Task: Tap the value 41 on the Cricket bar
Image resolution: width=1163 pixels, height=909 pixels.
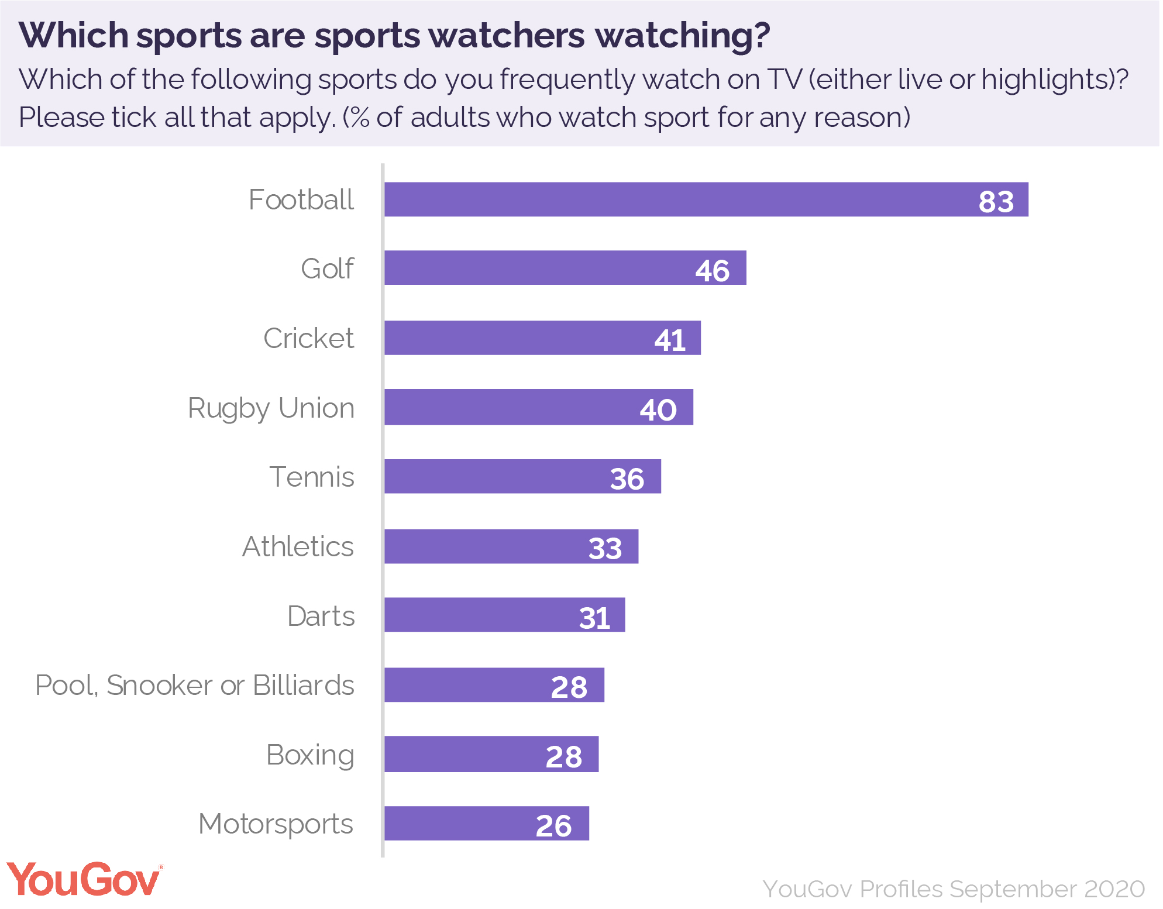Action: coord(669,340)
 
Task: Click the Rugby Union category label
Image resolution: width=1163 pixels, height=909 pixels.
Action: coord(271,408)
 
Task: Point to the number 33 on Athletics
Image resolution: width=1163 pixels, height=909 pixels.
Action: coord(605,548)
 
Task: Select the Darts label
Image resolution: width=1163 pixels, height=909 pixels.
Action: coord(321,616)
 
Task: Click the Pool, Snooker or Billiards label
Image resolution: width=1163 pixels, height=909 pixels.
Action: coord(195,685)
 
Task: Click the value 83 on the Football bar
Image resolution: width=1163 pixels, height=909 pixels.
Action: coord(996,202)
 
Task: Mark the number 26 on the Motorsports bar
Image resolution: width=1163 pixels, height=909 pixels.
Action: coord(553,825)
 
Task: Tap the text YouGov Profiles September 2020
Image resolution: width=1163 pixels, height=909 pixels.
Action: coord(954,889)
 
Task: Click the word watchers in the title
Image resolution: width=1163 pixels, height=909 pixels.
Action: coord(507,36)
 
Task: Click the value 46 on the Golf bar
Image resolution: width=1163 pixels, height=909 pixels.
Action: coord(712,271)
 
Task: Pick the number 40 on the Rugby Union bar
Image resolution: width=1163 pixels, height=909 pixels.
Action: coord(658,409)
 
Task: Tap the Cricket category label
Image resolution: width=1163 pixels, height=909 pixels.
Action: coord(308,338)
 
